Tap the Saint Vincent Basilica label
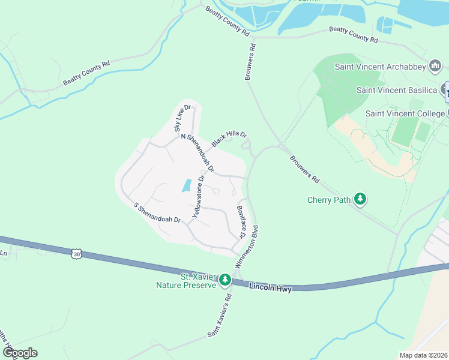tap(396, 90)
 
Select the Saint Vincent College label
tap(404, 113)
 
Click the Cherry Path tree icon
tap(360, 199)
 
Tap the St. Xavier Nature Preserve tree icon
tap(225, 280)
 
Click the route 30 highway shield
tap(76, 254)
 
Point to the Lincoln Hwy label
tap(270, 289)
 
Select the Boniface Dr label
tap(241, 221)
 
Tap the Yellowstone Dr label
tap(198, 196)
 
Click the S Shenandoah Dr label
tap(157, 212)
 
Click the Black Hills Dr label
tap(229, 137)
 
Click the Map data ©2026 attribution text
tap(423, 355)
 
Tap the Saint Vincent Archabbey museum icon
tap(435, 66)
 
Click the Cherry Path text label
tap(328, 200)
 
